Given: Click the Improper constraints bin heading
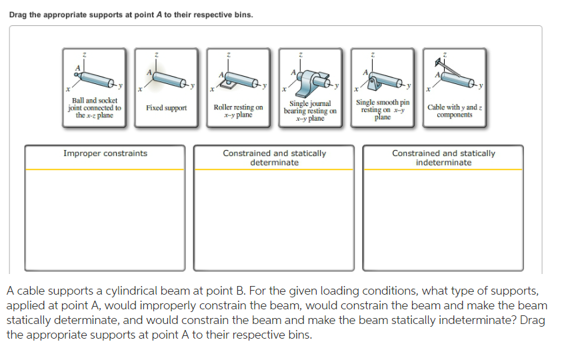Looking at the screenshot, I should click(x=105, y=153).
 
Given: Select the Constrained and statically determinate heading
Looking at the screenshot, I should click(x=274, y=158).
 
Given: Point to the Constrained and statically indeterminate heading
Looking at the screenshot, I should click(x=443, y=158).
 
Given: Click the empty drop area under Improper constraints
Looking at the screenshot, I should click(x=105, y=220).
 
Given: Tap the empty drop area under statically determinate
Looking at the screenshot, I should click(x=274, y=220).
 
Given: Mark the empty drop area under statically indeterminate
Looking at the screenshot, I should click(x=443, y=220).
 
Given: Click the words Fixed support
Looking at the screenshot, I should click(x=166, y=108).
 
